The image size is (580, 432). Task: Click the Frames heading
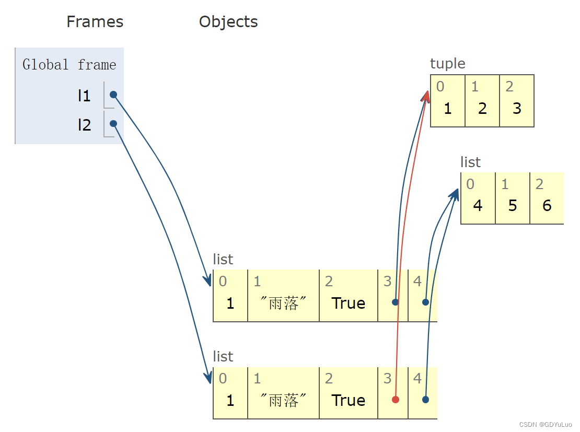click(x=95, y=22)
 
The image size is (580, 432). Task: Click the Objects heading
click(x=228, y=22)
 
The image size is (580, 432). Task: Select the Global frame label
click(x=69, y=65)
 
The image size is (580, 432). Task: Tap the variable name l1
click(x=84, y=96)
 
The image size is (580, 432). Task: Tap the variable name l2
click(x=84, y=125)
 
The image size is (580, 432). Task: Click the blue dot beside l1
click(x=113, y=95)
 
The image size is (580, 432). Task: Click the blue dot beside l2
click(x=113, y=124)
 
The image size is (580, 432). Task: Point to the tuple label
click(x=447, y=64)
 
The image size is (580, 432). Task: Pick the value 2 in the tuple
click(x=482, y=108)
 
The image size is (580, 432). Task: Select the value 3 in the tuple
click(x=517, y=108)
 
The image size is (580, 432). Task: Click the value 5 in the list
click(x=513, y=205)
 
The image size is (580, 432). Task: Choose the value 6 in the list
click(x=547, y=205)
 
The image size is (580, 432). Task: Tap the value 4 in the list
click(x=478, y=205)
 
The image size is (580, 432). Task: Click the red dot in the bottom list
click(x=396, y=400)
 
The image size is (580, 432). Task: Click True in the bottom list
click(x=348, y=400)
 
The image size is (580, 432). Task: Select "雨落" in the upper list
click(x=283, y=303)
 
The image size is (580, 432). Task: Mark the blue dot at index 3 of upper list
click(x=396, y=302)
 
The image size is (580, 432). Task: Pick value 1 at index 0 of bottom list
click(x=230, y=400)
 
